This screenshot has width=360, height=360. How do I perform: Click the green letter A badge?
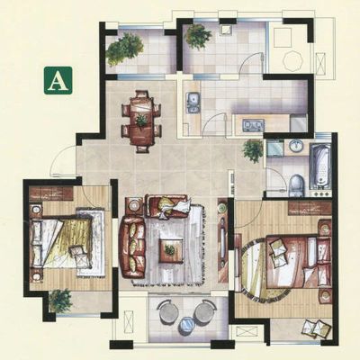pos(58,80)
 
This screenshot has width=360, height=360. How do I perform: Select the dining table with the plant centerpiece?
pos(141,121)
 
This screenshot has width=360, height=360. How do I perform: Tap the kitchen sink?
pos(193,102)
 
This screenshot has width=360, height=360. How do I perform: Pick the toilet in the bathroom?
pos(297,186)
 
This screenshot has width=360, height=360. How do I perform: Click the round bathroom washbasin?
pos(296,146)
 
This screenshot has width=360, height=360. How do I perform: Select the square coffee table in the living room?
pos(171,251)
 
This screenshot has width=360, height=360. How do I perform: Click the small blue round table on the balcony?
pos(186,326)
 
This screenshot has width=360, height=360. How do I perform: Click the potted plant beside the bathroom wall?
pos(253,150)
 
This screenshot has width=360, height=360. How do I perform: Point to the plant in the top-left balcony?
pos(124,49)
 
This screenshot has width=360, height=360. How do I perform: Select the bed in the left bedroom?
pos(61,244)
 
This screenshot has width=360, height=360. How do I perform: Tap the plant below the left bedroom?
pos(60,301)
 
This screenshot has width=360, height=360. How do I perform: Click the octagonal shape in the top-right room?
pos(293,61)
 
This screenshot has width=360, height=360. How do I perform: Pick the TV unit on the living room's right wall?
pos(223,240)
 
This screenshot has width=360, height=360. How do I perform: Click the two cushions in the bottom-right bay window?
pos(318,328)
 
